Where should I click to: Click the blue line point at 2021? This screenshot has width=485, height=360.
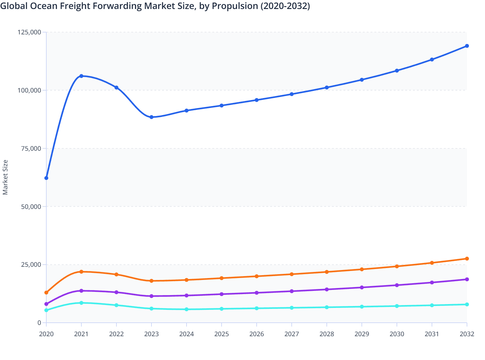coord(81,76)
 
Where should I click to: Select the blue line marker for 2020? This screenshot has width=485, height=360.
coord(46,178)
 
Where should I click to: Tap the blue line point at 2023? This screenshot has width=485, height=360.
coord(151,117)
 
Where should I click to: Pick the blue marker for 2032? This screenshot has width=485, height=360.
coord(467,46)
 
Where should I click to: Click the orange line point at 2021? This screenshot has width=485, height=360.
coord(81,272)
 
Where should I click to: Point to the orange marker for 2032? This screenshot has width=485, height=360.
coord(467,259)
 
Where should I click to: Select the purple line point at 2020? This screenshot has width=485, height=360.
coord(46,304)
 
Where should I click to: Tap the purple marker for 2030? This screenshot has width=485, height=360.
coord(397,285)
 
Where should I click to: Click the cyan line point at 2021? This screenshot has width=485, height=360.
coord(81,303)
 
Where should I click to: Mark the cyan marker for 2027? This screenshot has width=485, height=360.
coord(292,308)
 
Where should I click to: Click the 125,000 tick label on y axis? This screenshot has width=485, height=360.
coord(29,32)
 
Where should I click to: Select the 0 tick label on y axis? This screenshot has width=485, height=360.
coord(39,323)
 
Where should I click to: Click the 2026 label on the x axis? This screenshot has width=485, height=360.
coord(257,334)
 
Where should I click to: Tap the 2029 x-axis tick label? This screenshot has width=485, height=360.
coord(362,334)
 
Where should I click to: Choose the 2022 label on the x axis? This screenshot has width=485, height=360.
coord(116,334)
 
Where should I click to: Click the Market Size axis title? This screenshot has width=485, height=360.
coord(5,177)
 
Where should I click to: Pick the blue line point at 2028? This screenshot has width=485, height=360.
coord(327,87)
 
